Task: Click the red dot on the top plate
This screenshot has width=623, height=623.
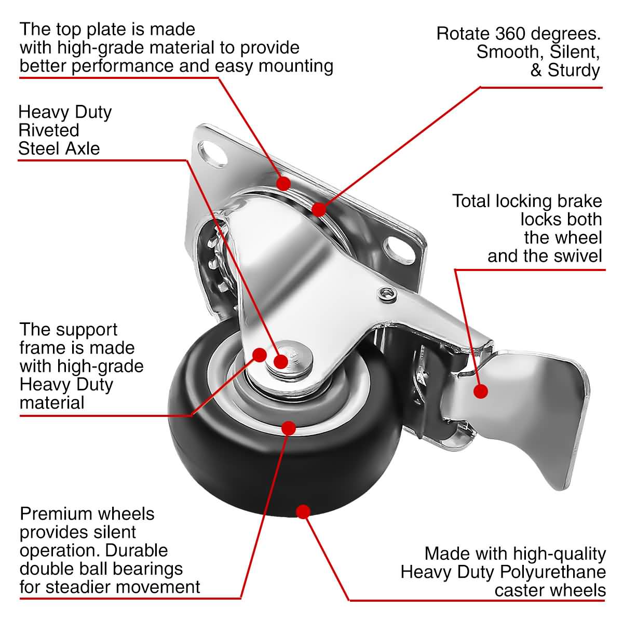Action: click(283, 183)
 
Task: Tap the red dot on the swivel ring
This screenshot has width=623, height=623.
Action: click(318, 209)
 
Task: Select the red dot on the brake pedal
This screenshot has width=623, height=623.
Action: click(481, 391)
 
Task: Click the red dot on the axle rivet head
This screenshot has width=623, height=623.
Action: click(281, 361)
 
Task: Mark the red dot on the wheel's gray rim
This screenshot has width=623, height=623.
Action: click(289, 427)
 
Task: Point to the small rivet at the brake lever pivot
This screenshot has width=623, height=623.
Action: click(386, 295)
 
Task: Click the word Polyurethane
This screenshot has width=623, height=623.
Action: click(553, 572)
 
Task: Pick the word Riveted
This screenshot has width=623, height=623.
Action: click(49, 130)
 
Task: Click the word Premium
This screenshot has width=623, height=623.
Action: click(52, 514)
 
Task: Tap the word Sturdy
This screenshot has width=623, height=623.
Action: click(575, 71)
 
